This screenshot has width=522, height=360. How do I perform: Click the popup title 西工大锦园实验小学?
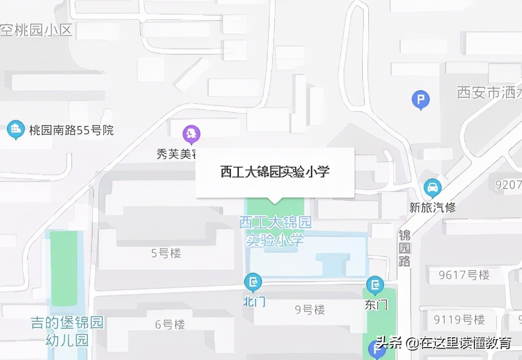[x=275, y=172]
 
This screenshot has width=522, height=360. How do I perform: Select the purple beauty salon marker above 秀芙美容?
[x=191, y=134]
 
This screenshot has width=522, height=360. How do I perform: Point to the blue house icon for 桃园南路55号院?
[x=16, y=129]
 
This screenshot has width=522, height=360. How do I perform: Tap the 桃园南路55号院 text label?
[x=71, y=130]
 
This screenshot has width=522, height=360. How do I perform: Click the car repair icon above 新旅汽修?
[x=433, y=188]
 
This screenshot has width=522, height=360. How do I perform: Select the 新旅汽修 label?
[x=433, y=207]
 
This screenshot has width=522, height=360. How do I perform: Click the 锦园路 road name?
[x=405, y=248]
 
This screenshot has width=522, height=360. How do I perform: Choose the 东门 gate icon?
[x=375, y=285]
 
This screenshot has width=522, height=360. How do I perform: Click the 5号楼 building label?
[x=166, y=253]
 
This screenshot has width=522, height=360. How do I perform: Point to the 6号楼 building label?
[x=170, y=325]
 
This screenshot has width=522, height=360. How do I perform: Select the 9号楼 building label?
[x=310, y=310]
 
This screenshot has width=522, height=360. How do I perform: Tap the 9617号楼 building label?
[x=464, y=275]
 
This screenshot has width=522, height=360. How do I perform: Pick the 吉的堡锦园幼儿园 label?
[x=67, y=332]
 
